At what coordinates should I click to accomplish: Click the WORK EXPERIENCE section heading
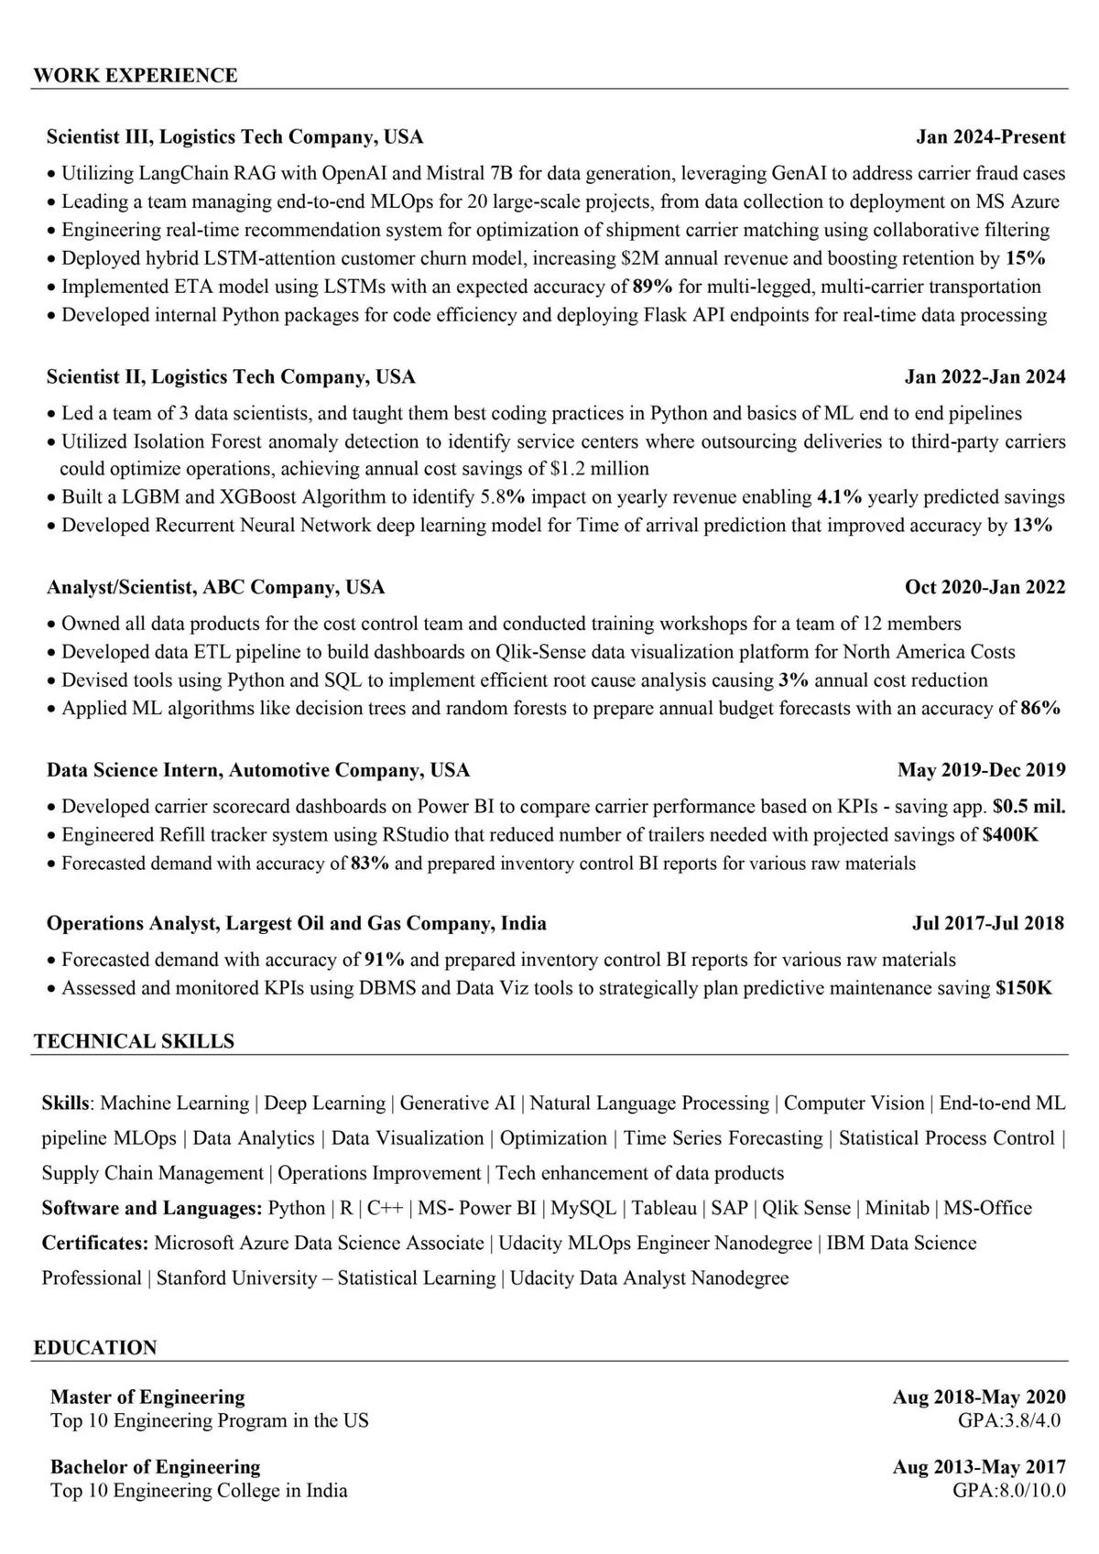pyautogui.click(x=135, y=75)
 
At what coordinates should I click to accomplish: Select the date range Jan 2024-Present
pyautogui.click(x=990, y=137)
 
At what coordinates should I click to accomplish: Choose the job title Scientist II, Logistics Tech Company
pyautogui.click(x=231, y=377)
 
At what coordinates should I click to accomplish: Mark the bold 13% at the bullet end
pyautogui.click(x=1032, y=526)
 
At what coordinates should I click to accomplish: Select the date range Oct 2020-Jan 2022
pyautogui.click(x=985, y=587)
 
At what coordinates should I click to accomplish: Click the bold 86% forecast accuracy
pyautogui.click(x=1040, y=708)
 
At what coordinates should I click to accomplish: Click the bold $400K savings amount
pyautogui.click(x=1010, y=835)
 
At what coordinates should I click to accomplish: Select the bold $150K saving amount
pyautogui.click(x=1024, y=988)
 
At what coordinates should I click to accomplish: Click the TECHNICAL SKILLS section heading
pyautogui.click(x=134, y=1041)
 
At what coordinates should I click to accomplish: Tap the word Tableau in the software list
pyautogui.click(x=664, y=1208)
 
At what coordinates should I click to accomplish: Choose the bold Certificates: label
pyautogui.click(x=95, y=1243)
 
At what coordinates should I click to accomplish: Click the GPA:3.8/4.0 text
pyautogui.click(x=1008, y=1421)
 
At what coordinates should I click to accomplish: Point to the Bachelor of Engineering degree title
pyautogui.click(x=155, y=1467)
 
